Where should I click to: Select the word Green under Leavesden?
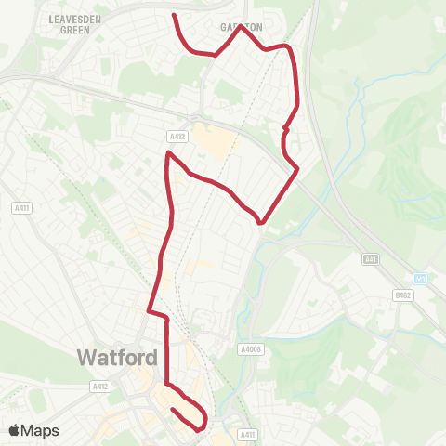coord(73,30)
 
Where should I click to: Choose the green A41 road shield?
coord(371,259)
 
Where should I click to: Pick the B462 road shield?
coord(402,295)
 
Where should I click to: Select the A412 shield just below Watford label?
coord(100,386)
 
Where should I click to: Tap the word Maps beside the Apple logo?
coord(40,430)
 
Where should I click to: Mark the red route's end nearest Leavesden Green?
coord(175,15)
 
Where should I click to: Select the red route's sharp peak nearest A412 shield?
coord(168,151)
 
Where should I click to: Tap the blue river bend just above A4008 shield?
coord(243,325)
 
